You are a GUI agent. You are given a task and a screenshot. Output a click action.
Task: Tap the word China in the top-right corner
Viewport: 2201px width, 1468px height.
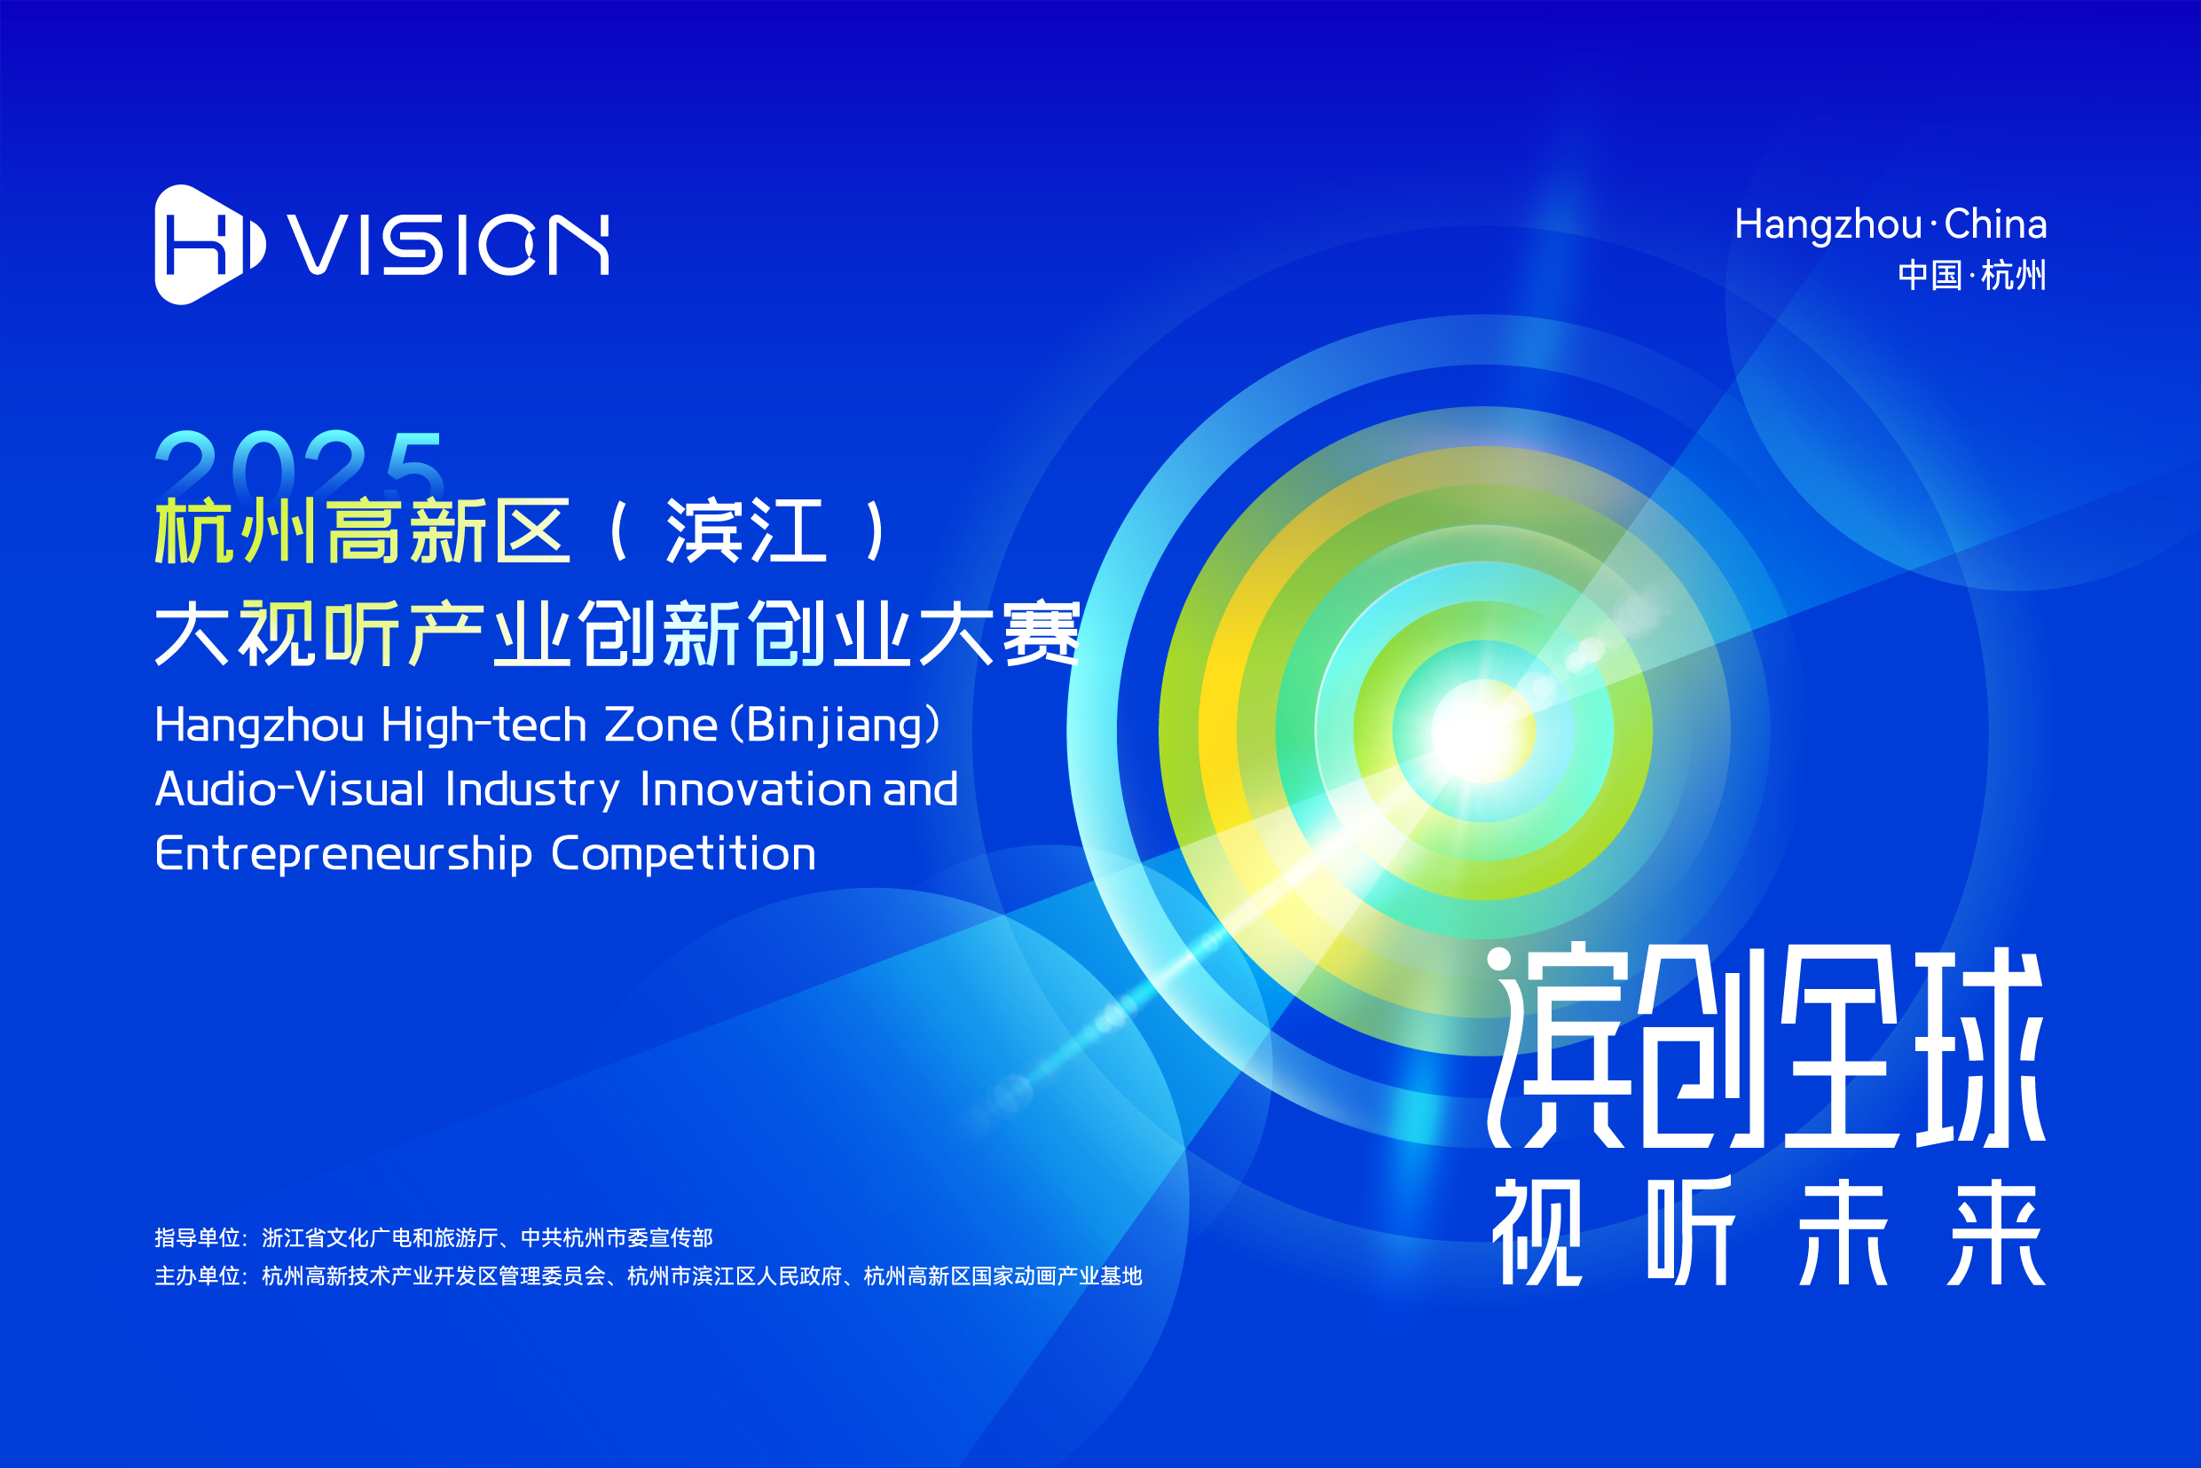1995,224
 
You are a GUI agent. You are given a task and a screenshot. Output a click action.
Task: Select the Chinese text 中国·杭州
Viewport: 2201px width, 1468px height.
1971,275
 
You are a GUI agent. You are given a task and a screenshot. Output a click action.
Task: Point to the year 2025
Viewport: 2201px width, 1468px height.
300,463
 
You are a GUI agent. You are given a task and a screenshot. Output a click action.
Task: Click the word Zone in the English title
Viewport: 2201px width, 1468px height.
662,726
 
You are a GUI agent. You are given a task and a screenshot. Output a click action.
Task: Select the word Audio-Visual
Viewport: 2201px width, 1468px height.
290,789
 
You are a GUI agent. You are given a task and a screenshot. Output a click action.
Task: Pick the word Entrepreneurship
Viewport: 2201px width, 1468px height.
343,854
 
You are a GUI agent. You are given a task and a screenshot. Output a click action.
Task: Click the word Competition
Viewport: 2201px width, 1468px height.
683,854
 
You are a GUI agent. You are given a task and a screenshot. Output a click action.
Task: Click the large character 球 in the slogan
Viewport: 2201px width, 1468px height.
1980,1048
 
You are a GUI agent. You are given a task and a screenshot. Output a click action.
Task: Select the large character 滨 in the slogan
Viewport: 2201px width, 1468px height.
1559,1048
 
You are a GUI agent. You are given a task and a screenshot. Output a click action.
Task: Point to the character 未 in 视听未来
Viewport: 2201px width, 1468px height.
1843,1232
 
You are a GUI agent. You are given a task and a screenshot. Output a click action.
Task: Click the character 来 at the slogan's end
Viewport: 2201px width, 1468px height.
1996,1232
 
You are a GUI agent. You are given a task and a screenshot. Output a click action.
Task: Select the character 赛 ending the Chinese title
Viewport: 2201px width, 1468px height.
1041,634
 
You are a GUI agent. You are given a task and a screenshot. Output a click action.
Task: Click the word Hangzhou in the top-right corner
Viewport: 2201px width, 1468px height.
1828,225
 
